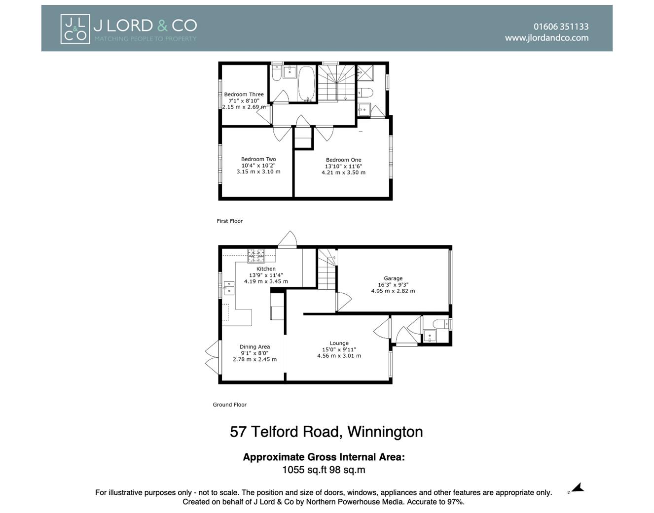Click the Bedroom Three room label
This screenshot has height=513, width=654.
tap(244, 95)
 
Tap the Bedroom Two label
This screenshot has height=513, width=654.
tap(258, 159)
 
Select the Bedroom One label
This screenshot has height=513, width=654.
tap(343, 160)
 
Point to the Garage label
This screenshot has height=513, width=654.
tap(393, 278)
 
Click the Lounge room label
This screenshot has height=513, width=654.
tap(339, 343)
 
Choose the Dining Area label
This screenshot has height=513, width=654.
tap(254, 347)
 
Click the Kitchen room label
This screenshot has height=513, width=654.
tap(266, 269)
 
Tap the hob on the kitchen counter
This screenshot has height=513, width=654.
tap(256, 255)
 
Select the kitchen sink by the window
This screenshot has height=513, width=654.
tap(229, 287)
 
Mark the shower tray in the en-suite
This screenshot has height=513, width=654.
tap(365, 73)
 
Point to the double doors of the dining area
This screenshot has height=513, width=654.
tap(212, 357)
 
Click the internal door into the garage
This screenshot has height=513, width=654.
tap(343, 302)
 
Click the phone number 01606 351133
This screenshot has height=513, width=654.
tap(561, 27)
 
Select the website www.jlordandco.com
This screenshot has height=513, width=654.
tap(546, 38)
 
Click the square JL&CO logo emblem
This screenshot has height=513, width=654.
tap(75, 29)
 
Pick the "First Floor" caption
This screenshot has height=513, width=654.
tap(230, 221)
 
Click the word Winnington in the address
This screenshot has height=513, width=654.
tap(385, 432)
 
